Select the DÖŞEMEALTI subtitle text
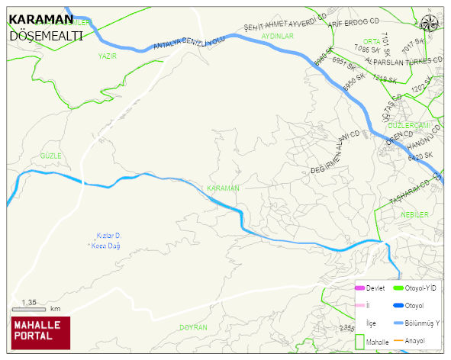click(46, 35)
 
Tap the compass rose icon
click(430, 22)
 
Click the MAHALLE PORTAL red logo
click(40, 332)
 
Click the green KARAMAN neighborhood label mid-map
click(223, 188)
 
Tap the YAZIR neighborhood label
click(108, 56)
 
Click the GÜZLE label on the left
click(50, 155)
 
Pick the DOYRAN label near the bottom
click(193, 327)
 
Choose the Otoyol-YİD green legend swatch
click(398, 288)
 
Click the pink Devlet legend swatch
click(360, 288)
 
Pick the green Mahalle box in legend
click(359, 342)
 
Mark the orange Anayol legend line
click(398, 339)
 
